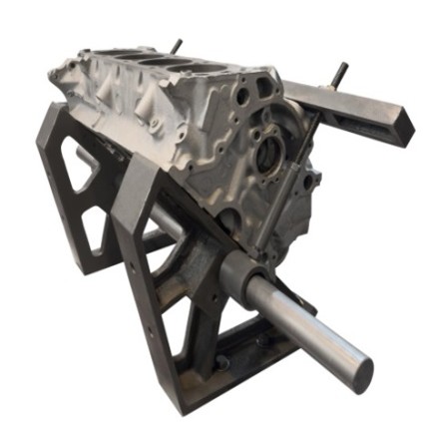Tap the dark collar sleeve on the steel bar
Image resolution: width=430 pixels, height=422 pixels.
coord(241,273)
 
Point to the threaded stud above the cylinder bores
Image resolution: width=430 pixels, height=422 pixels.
coord(176,46)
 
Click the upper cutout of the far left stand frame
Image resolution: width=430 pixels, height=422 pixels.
coord(79,165)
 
